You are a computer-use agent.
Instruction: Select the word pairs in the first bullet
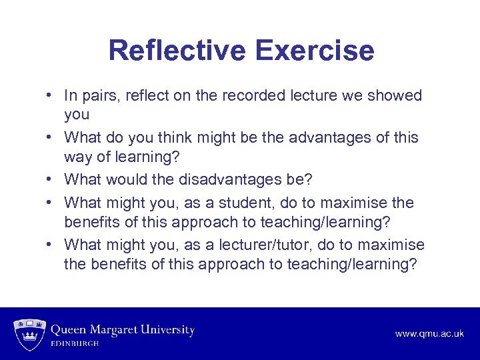pyautogui.click(x=99, y=95)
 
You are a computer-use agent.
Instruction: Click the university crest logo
pyautogui.click(x=29, y=331)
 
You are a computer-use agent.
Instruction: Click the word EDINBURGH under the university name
pyautogui.click(x=75, y=343)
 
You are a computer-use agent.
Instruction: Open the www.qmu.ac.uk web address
pyautogui.click(x=429, y=333)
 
